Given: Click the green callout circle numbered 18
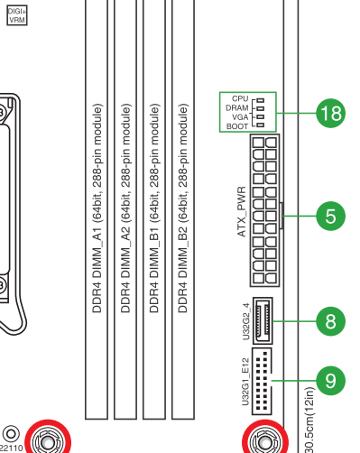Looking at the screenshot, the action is click(x=330, y=114).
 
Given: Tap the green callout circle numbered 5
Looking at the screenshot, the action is click(x=330, y=216).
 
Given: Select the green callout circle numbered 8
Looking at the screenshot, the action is click(x=330, y=321).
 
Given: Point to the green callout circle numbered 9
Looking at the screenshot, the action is click(x=330, y=381).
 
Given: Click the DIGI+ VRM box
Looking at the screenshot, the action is click(x=17, y=15).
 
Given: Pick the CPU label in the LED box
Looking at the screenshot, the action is click(x=240, y=98).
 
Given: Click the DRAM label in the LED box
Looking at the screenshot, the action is click(x=237, y=108).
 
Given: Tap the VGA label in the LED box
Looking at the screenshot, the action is click(x=240, y=117).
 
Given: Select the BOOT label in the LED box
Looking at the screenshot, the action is click(x=237, y=126).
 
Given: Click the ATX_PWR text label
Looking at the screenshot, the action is click(x=242, y=212).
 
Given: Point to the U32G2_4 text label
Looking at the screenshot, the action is click(x=246, y=321).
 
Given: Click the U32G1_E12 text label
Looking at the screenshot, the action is click(x=245, y=382).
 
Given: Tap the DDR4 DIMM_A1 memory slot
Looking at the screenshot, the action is click(x=97, y=209).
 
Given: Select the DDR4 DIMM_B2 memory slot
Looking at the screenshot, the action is click(x=183, y=209).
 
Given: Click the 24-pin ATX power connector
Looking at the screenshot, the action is click(x=264, y=210).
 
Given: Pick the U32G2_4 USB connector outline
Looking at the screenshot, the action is click(x=263, y=320).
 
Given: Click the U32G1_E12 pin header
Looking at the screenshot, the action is click(x=262, y=381).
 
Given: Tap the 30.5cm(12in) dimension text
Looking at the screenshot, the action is click(x=310, y=420).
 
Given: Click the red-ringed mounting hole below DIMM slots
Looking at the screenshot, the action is click(x=48, y=438).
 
